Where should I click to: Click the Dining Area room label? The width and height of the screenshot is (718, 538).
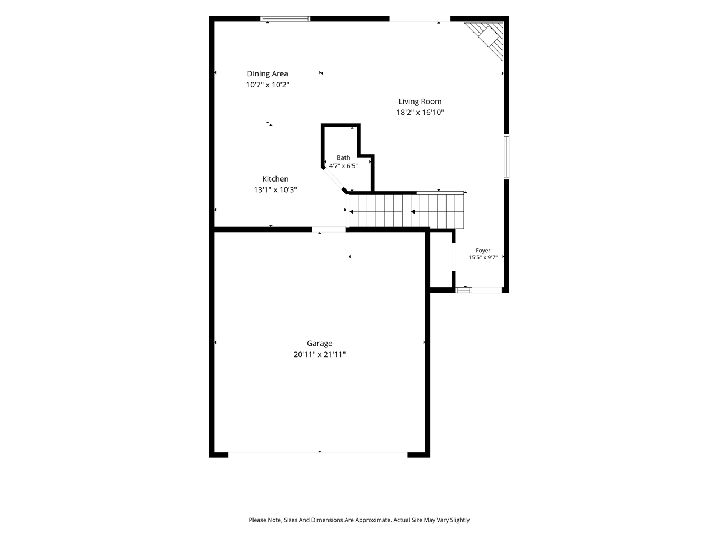click(267, 74)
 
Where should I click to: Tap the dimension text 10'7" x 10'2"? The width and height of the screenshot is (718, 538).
click(268, 85)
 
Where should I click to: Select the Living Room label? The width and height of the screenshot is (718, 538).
click(420, 101)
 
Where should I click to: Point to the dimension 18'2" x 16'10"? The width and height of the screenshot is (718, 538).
click(420, 113)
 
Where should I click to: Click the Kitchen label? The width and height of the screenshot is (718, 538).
click(275, 179)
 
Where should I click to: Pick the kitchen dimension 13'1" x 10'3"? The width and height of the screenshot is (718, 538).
click(275, 190)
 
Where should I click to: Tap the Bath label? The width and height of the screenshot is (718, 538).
click(343, 157)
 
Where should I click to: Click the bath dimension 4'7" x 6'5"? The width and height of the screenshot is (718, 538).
click(343, 166)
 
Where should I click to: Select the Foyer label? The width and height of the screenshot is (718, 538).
click(483, 250)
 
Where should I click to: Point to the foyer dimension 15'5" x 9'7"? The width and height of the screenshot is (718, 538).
click(483, 257)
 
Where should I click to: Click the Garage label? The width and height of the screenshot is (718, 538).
click(319, 344)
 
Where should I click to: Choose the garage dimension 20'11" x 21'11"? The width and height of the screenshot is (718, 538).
click(319, 354)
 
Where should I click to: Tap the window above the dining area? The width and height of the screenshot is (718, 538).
click(286, 18)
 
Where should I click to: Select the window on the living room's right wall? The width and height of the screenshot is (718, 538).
click(506, 156)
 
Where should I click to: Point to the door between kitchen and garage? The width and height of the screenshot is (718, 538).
click(328, 229)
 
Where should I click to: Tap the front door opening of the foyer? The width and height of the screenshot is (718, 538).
click(486, 290)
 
